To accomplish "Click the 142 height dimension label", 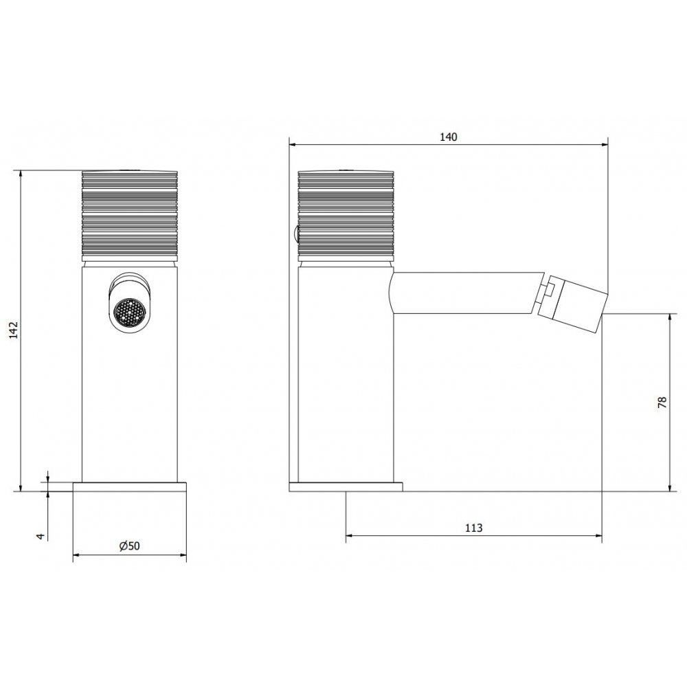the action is [14, 330].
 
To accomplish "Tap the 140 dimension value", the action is [448, 137].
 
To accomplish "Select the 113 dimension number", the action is [473, 528].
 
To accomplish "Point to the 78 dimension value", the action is [662, 402].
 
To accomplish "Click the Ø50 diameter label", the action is [129, 546].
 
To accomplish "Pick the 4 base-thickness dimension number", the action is [41, 536].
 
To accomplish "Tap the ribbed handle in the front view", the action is [130, 214].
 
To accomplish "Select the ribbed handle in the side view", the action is [346, 214].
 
